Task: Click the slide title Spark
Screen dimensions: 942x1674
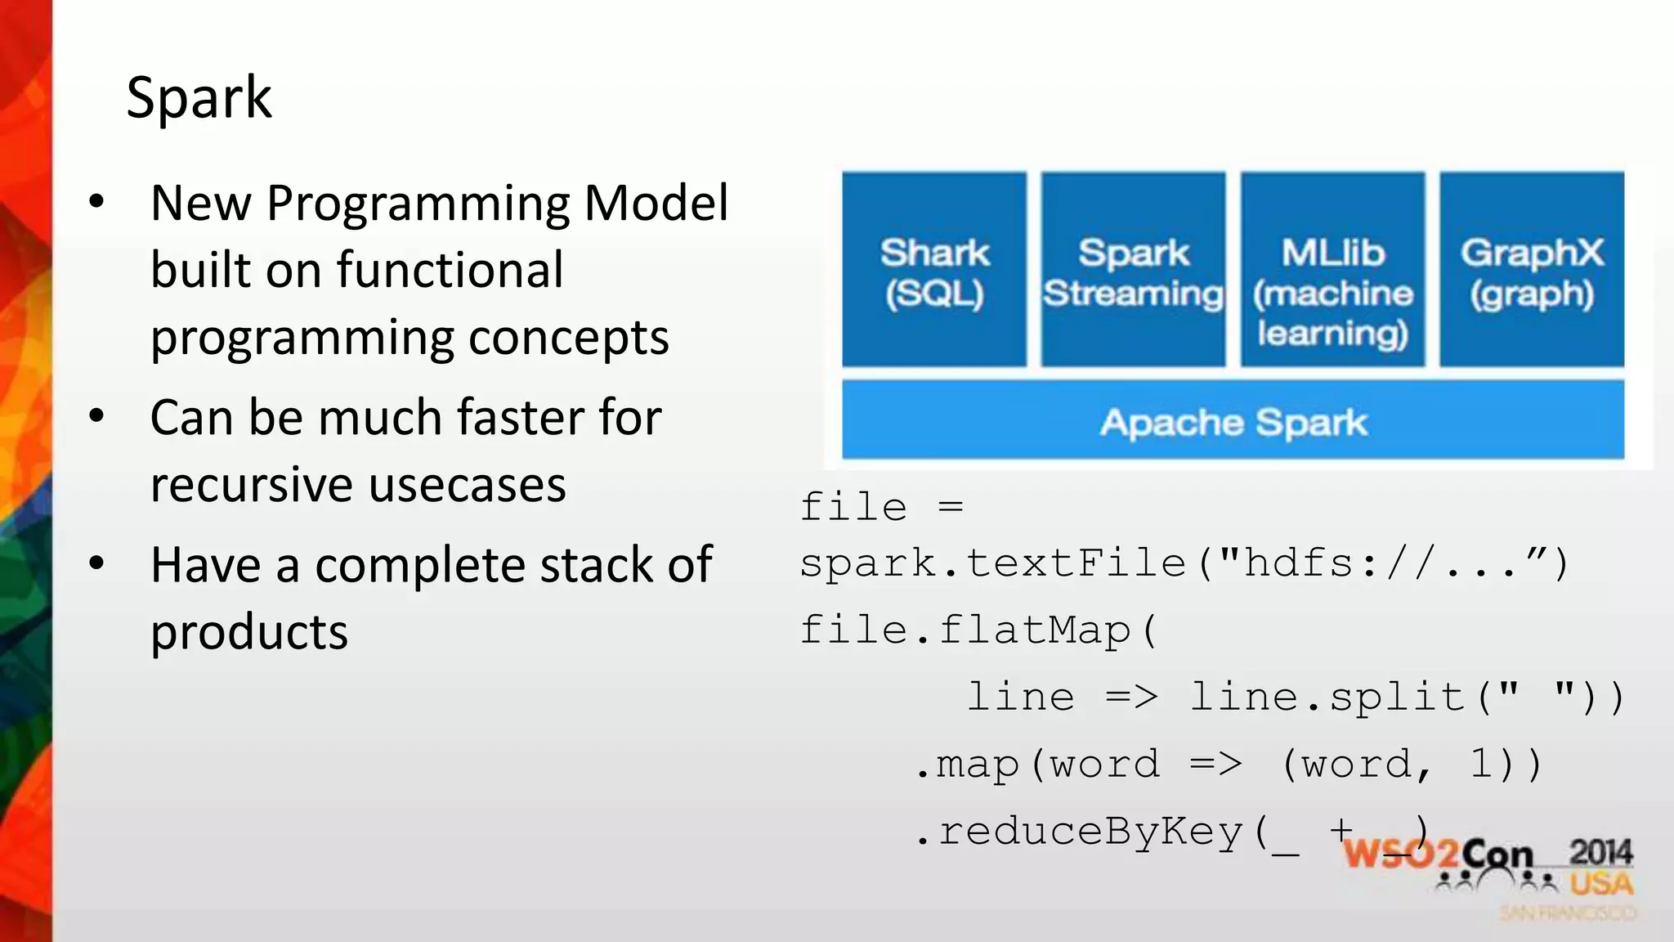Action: (199, 98)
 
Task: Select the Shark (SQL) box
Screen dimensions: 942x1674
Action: (934, 270)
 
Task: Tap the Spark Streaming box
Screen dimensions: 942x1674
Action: (1133, 270)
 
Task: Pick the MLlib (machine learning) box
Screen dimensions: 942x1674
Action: (1332, 270)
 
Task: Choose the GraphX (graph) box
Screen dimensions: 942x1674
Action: (1532, 270)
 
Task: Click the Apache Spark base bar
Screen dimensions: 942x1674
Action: (1233, 421)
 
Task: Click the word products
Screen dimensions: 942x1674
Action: (249, 633)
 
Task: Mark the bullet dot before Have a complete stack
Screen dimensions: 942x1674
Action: (97, 563)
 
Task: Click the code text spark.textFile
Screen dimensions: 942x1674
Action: (992, 563)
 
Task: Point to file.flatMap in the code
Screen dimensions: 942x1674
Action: (965, 630)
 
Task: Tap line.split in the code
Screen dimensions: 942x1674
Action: (1327, 698)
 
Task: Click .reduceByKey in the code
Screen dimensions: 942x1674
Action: (1079, 832)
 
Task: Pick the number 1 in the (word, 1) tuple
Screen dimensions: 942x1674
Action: (1481, 764)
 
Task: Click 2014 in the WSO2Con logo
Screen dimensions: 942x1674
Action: (1600, 852)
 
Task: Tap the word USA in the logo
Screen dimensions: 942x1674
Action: (1600, 885)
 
